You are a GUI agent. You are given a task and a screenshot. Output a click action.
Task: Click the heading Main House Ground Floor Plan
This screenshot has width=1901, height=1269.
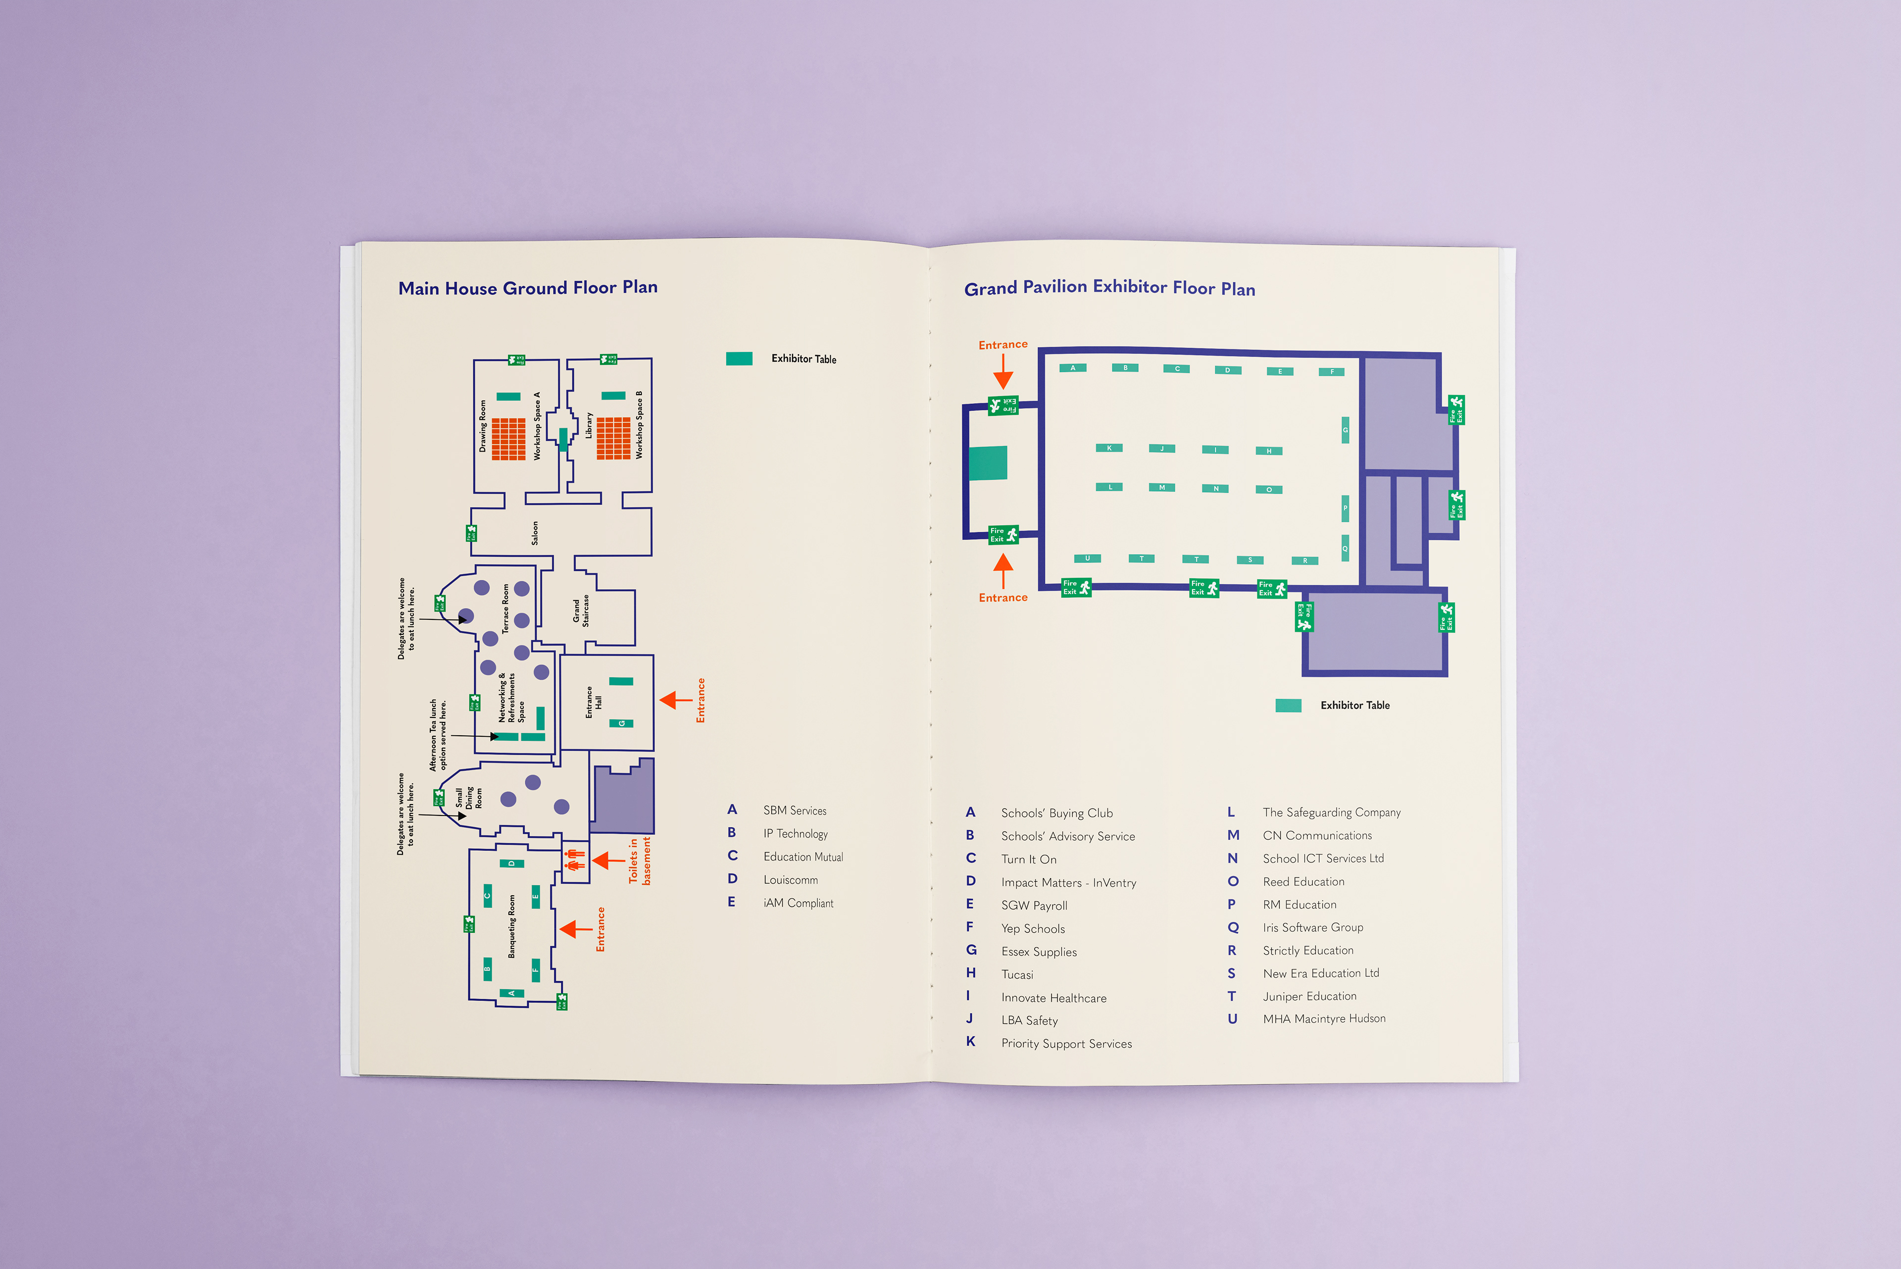point(528,288)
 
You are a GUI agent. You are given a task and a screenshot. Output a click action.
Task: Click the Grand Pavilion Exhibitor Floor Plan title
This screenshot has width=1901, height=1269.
point(1109,288)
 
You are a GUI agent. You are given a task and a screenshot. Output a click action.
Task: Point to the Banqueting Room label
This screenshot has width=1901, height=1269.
point(511,927)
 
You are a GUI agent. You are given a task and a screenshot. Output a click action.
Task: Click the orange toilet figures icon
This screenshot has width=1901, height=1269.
point(575,861)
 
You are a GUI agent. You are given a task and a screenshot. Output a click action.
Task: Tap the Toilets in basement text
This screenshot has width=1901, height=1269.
point(639,861)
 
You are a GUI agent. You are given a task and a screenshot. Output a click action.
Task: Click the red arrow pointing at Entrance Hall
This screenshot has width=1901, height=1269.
point(674,700)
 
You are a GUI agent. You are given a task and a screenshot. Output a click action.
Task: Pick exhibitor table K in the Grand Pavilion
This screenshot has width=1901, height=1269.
point(1109,448)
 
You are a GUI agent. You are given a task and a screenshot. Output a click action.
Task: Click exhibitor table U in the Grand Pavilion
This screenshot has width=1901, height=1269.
point(1087,558)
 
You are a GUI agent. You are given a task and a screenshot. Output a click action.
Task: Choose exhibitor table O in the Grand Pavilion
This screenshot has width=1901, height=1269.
point(1268,490)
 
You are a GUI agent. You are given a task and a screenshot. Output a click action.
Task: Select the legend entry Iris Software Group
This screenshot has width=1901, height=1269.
point(1313,927)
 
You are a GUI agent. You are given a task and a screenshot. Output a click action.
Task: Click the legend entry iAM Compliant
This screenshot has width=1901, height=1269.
point(798,903)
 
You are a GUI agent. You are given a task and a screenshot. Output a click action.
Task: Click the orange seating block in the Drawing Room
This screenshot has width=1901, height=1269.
point(508,439)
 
